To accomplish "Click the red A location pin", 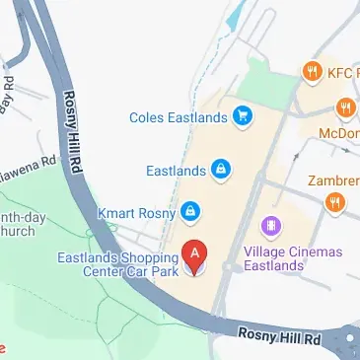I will (196, 255).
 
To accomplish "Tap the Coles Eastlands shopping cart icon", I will (242, 117).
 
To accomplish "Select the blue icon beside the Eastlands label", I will (222, 171).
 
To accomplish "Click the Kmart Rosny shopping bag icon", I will (191, 212).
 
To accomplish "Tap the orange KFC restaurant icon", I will (312, 71).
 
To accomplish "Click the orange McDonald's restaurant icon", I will (345, 108).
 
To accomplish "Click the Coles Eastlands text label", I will (178, 117).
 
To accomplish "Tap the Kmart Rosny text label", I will (136, 212).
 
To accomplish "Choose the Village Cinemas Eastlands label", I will (292, 259).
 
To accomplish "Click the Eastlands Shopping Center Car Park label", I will (115, 265).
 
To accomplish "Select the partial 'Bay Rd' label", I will (8, 90).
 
